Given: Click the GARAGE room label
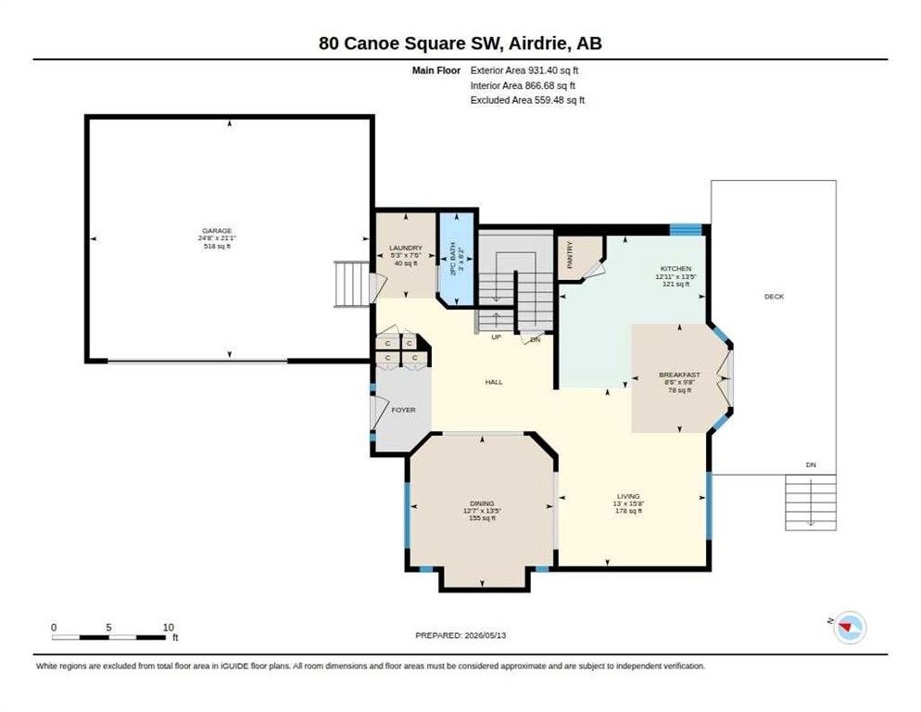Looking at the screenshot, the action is (x=217, y=231).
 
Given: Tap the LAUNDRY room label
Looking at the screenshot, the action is (x=406, y=248).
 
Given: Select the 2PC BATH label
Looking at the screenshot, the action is (x=452, y=260).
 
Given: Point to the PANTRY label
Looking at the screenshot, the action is (x=570, y=256).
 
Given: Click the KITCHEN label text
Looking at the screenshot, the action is (x=675, y=269).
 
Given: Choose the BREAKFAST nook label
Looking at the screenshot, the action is (x=679, y=375).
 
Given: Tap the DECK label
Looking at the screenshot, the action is (x=775, y=297).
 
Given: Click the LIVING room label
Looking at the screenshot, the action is (x=628, y=496).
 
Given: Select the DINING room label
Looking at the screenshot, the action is (x=482, y=503).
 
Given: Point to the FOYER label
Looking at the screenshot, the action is (x=404, y=410).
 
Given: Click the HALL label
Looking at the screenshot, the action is (x=494, y=382).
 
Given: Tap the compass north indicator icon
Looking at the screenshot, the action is (x=850, y=628).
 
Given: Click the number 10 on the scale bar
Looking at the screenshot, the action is (x=169, y=628).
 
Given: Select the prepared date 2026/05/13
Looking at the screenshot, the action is (x=486, y=635).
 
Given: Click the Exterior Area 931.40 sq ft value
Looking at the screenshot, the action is (x=524, y=70).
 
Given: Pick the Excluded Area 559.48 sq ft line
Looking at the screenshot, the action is (x=527, y=100).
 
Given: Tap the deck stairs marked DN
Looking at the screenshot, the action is (x=811, y=502).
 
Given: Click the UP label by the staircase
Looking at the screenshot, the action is (x=497, y=337).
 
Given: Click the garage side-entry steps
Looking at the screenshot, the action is (x=352, y=285).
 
